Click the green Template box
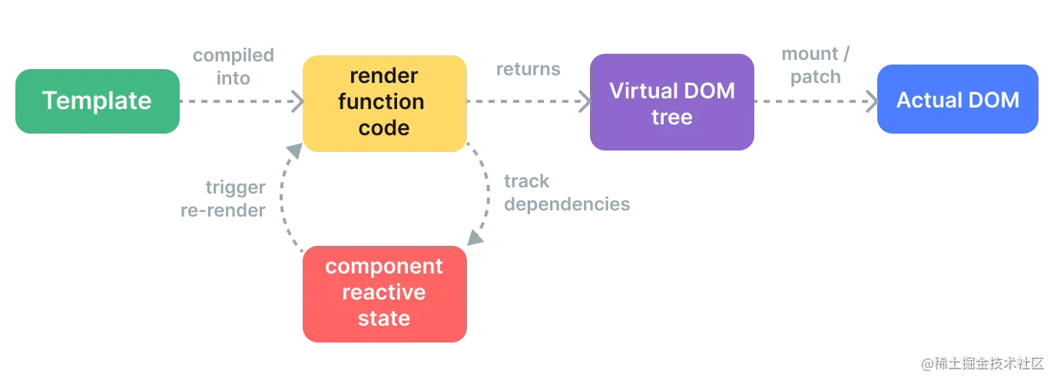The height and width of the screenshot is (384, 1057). tap(97, 101)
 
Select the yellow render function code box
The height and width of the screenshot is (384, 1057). tap(383, 102)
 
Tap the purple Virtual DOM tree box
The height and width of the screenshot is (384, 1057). tap(672, 103)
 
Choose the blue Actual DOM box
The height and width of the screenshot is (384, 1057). tap(957, 100)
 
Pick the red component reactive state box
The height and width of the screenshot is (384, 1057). tap(383, 293)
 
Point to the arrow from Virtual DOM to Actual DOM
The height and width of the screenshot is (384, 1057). tap(814, 101)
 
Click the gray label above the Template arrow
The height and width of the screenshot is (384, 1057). tap(234, 66)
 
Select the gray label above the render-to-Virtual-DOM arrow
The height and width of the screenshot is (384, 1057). tap(528, 71)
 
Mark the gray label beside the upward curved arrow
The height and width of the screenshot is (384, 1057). tap(224, 199)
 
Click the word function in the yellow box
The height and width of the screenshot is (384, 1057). tap(383, 102)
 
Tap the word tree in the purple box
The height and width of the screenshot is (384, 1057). tap(672, 118)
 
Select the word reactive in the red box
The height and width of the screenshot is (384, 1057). tap(383, 293)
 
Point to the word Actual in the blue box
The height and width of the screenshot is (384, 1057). tap(927, 100)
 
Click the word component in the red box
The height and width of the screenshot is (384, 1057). tap(383, 266)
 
